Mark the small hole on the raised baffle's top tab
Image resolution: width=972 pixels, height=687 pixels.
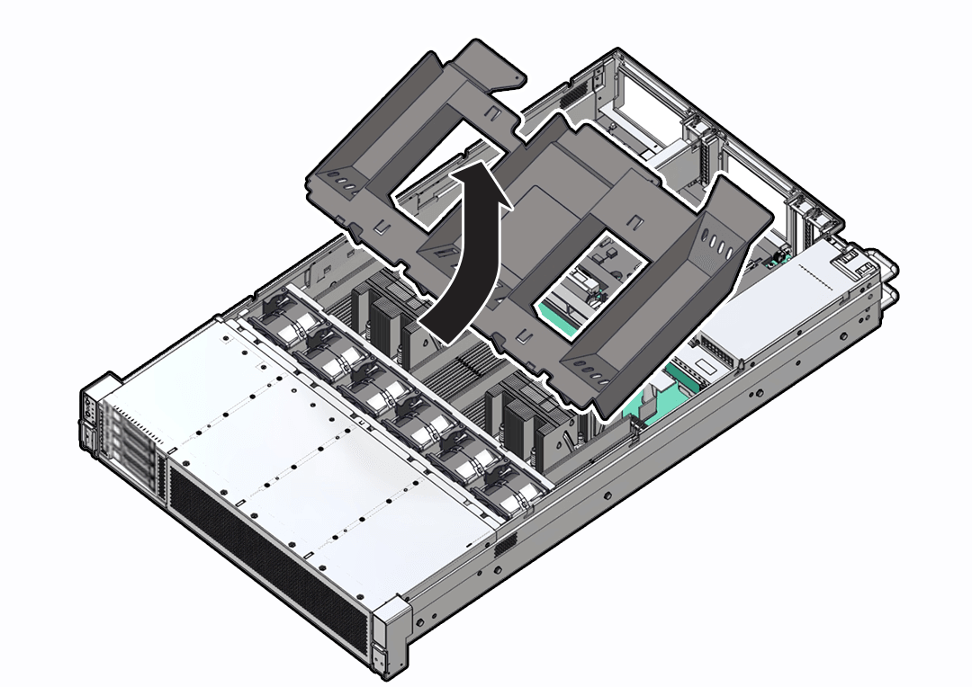(x=517, y=80)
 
